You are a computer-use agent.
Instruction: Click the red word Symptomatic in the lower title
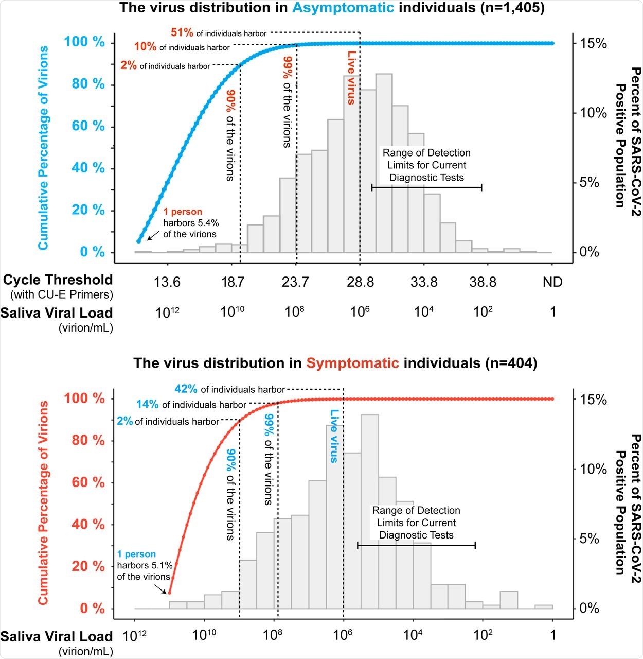352,363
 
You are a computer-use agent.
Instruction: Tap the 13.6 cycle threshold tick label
167,282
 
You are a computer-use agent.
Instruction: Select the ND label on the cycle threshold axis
552,282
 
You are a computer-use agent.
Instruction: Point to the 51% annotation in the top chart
182,33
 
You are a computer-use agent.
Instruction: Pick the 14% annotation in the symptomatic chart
147,405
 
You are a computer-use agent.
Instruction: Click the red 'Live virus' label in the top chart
351,78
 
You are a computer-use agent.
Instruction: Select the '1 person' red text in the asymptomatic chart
183,212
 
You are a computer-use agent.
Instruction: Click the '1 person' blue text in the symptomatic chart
136,554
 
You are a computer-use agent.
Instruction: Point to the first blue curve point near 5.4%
138,241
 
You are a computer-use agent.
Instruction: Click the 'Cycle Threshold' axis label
58,280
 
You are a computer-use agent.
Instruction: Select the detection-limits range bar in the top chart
426,187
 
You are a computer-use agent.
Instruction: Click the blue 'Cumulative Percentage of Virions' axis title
43,148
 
